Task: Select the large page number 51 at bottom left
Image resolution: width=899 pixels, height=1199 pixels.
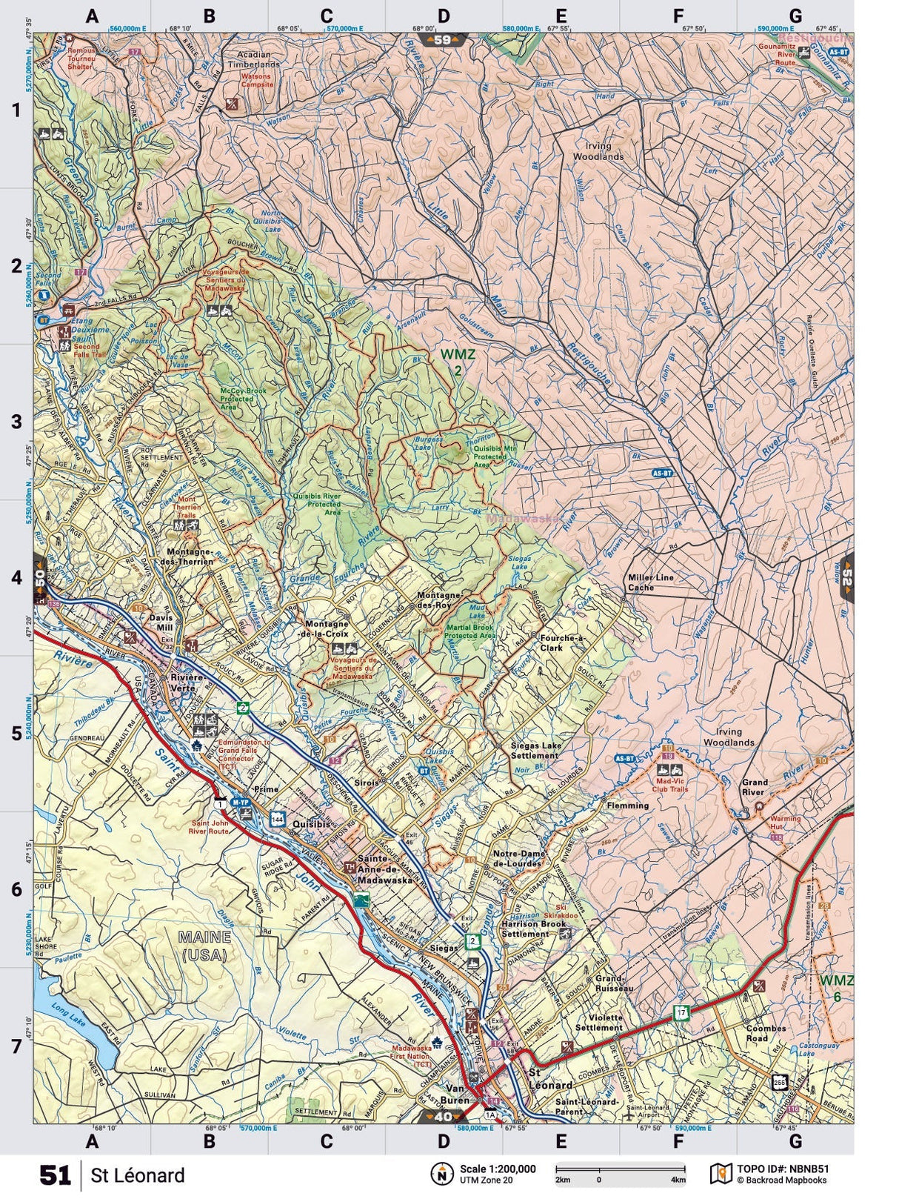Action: [x=55, y=1175]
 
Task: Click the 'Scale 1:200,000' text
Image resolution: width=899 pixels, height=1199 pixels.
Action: [x=497, y=1169]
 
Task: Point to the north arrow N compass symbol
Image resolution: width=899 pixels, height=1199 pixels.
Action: [x=442, y=1174]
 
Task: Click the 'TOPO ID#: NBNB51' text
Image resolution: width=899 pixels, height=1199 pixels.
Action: [x=783, y=1169]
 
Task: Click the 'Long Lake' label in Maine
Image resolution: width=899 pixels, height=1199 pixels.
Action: [x=64, y=1027]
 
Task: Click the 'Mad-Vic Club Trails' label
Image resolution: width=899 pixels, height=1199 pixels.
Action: [x=672, y=785]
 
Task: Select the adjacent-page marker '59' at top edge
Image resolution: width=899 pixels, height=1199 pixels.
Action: [x=442, y=40]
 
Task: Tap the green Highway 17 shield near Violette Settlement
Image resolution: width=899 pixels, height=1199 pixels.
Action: [x=681, y=1012]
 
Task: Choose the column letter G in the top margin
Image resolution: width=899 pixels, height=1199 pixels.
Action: [x=795, y=16]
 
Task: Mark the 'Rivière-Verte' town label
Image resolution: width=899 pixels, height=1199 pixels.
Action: [x=181, y=682]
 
